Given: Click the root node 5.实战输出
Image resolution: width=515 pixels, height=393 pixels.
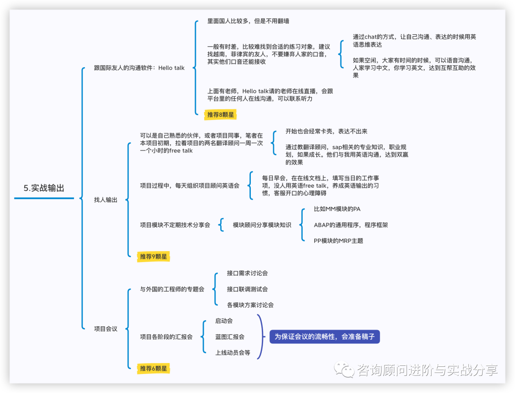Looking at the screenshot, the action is coord(44,188).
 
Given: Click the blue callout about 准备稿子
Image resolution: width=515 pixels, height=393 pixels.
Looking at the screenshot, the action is coord(325,336).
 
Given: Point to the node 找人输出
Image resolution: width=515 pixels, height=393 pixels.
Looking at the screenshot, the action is coord(105,200).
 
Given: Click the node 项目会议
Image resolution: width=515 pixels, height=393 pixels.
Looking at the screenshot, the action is coord(105,329).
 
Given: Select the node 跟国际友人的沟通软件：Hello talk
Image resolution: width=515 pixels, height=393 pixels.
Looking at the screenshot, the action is coord(139,68).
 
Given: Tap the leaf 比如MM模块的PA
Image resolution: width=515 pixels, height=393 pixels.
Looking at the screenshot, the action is coord(333,209).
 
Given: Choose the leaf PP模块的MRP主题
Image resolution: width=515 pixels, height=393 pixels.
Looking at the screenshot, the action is coord(338,241).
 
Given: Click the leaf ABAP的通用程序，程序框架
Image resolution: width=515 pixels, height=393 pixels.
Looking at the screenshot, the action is coord(350,225).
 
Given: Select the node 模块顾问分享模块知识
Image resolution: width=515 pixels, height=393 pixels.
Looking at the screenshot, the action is coord(262,225).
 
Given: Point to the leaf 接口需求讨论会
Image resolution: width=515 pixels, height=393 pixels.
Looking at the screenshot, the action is coord(247,273).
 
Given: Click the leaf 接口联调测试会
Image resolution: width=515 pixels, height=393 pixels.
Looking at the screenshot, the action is coord(247,289).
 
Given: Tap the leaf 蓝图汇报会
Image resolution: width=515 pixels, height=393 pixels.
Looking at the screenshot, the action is coord(229,336).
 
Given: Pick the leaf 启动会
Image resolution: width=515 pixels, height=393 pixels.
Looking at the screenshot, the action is coord(224,321).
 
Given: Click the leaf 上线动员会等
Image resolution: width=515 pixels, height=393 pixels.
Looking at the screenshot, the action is coord(232,353).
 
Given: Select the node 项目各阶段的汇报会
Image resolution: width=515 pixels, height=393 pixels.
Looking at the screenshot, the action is coord(166,336).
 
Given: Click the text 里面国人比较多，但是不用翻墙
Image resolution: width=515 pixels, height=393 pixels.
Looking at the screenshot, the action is coord(248,21).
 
